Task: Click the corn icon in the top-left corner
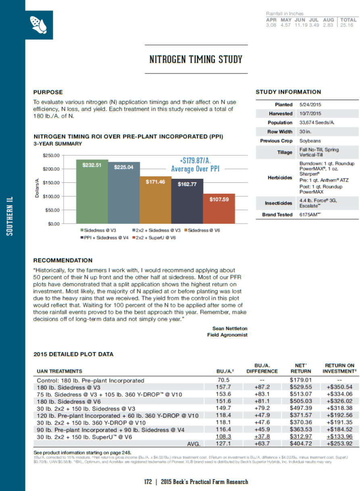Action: [x=39, y=25]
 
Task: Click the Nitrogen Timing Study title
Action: [x=196, y=59]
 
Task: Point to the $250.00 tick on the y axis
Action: [x=51, y=155]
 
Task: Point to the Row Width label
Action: [x=280, y=132]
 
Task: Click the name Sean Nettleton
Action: [x=230, y=328]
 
